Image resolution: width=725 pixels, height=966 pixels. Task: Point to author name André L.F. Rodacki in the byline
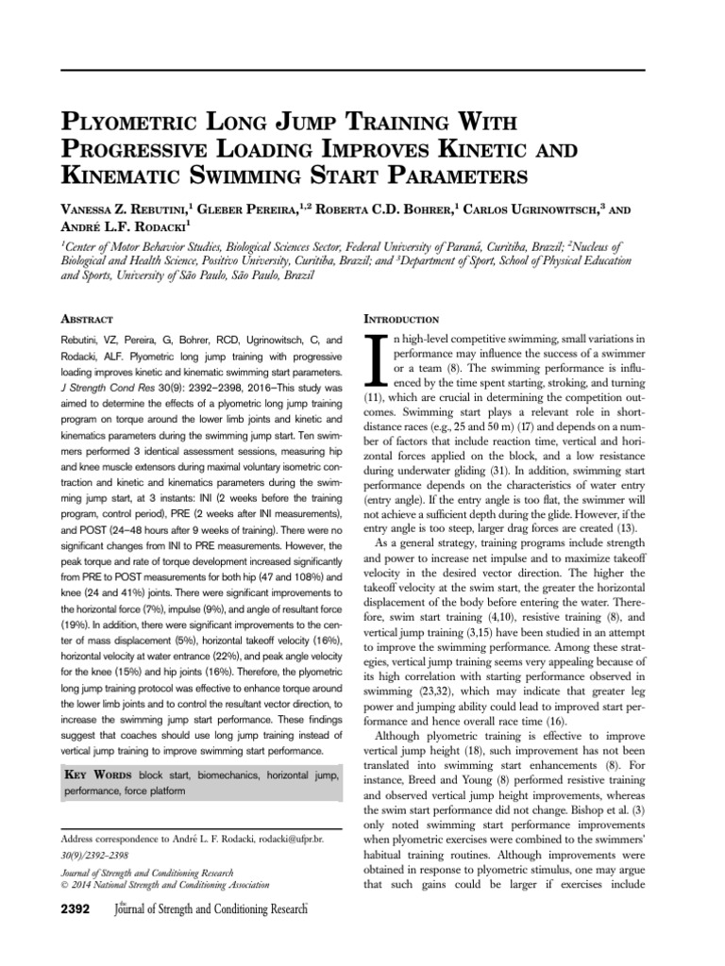[129, 226]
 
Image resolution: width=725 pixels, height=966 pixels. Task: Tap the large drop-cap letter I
[372, 359]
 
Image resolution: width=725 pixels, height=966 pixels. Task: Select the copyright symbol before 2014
[64, 885]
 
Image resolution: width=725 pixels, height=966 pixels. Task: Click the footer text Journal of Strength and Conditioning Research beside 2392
[211, 908]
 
